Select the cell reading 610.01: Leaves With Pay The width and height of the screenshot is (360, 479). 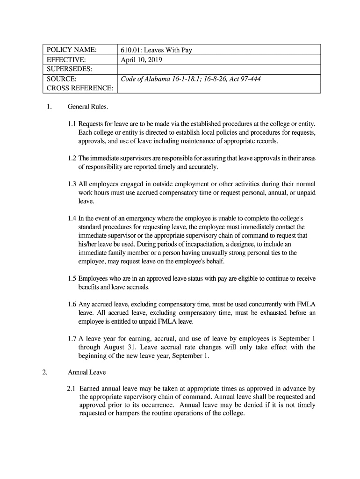(156, 50)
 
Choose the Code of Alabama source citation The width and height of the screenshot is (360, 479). (190, 79)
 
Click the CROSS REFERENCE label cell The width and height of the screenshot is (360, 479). (80, 88)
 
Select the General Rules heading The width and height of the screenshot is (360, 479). (88, 107)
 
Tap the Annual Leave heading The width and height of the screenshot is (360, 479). (87, 372)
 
